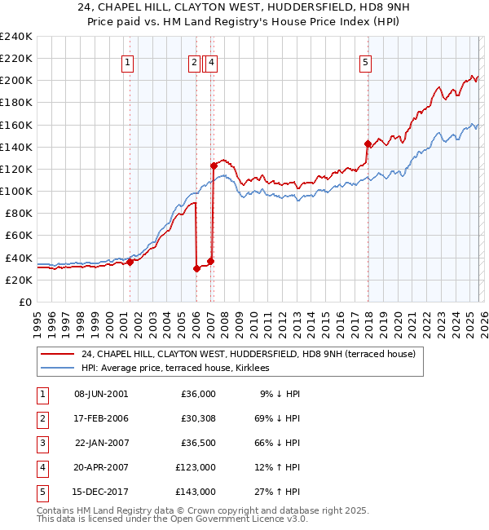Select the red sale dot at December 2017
pos(368,144)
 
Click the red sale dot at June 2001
pos(130,262)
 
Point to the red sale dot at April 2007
pos(214,166)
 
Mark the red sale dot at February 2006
pos(197,268)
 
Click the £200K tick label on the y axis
pos(15,81)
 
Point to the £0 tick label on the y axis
pos(26,302)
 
